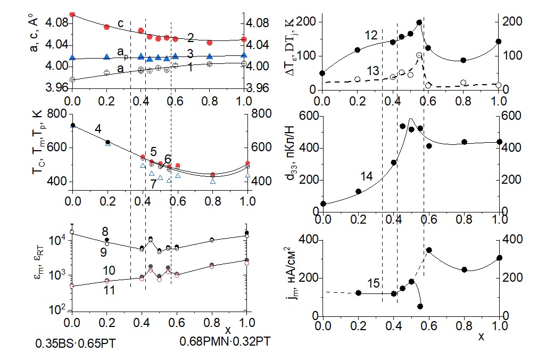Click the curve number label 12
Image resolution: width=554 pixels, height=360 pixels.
pos(371,36)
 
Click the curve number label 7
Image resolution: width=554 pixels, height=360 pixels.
pos(153,184)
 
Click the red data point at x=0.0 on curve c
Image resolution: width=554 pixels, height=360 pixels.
pos(72,14)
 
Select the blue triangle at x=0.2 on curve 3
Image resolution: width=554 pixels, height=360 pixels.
pos(106,56)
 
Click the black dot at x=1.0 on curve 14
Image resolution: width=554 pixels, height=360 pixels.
pos(499,142)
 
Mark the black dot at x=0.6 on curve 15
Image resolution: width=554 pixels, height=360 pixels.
pos(428,250)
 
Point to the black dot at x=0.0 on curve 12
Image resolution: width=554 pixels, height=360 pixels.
pos(322,73)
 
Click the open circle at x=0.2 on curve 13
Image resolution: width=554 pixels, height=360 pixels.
pos(357,79)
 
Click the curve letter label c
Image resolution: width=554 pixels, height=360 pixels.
pos(121,23)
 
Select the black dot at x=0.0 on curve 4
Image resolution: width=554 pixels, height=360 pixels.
pos(73,125)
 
